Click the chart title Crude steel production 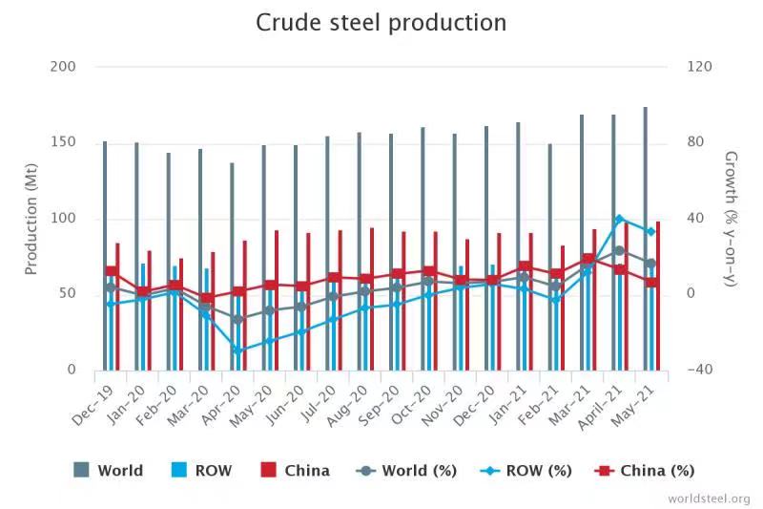[381, 23]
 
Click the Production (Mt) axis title [31, 218]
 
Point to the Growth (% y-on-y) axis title [731, 218]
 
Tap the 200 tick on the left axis [62, 67]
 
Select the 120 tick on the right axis [699, 67]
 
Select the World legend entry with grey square [109, 470]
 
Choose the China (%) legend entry [645, 470]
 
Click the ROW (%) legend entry [526, 470]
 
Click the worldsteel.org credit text [709, 498]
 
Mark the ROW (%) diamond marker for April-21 [619, 220]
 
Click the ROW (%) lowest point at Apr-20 [237, 350]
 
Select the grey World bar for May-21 [646, 239]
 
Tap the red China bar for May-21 [658, 295]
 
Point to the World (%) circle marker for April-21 [619, 251]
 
